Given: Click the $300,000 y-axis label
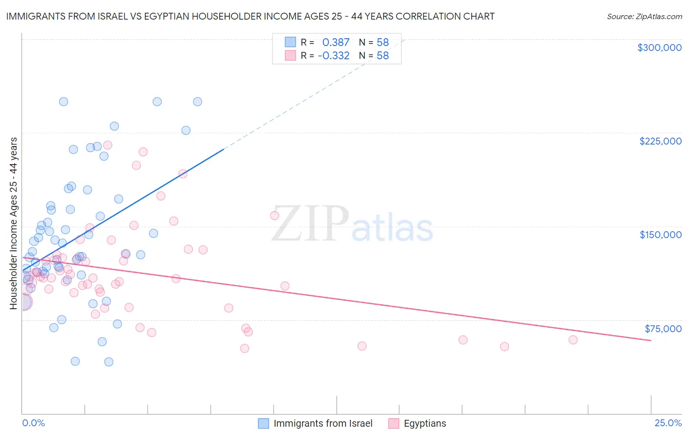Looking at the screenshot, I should pos(659,48).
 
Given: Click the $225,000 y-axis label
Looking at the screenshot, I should pos(660,141).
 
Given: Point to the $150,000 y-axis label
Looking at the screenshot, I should pos(660,235).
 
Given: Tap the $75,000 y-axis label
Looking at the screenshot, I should pos(663,329).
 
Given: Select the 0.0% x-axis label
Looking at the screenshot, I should pos(33,423).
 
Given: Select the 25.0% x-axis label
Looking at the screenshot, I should pos(668,423).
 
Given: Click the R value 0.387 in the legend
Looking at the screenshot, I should pos(336,43).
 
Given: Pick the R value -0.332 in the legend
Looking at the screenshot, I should pos(334,56).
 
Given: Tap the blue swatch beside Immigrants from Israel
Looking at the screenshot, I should pos(263,423).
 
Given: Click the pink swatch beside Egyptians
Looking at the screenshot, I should pos(393,423).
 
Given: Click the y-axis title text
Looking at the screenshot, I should pos(13,223).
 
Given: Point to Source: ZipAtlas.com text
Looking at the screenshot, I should pos(644,17).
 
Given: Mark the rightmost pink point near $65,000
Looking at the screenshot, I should pos(573,340).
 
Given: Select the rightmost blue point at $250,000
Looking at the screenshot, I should pos(198,102).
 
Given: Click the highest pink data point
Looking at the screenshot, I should pos(108,145).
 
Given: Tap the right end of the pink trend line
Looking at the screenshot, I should pos(651,340).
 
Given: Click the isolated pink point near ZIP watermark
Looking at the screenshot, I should pos(275,216).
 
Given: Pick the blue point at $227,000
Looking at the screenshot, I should pos(186,130).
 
